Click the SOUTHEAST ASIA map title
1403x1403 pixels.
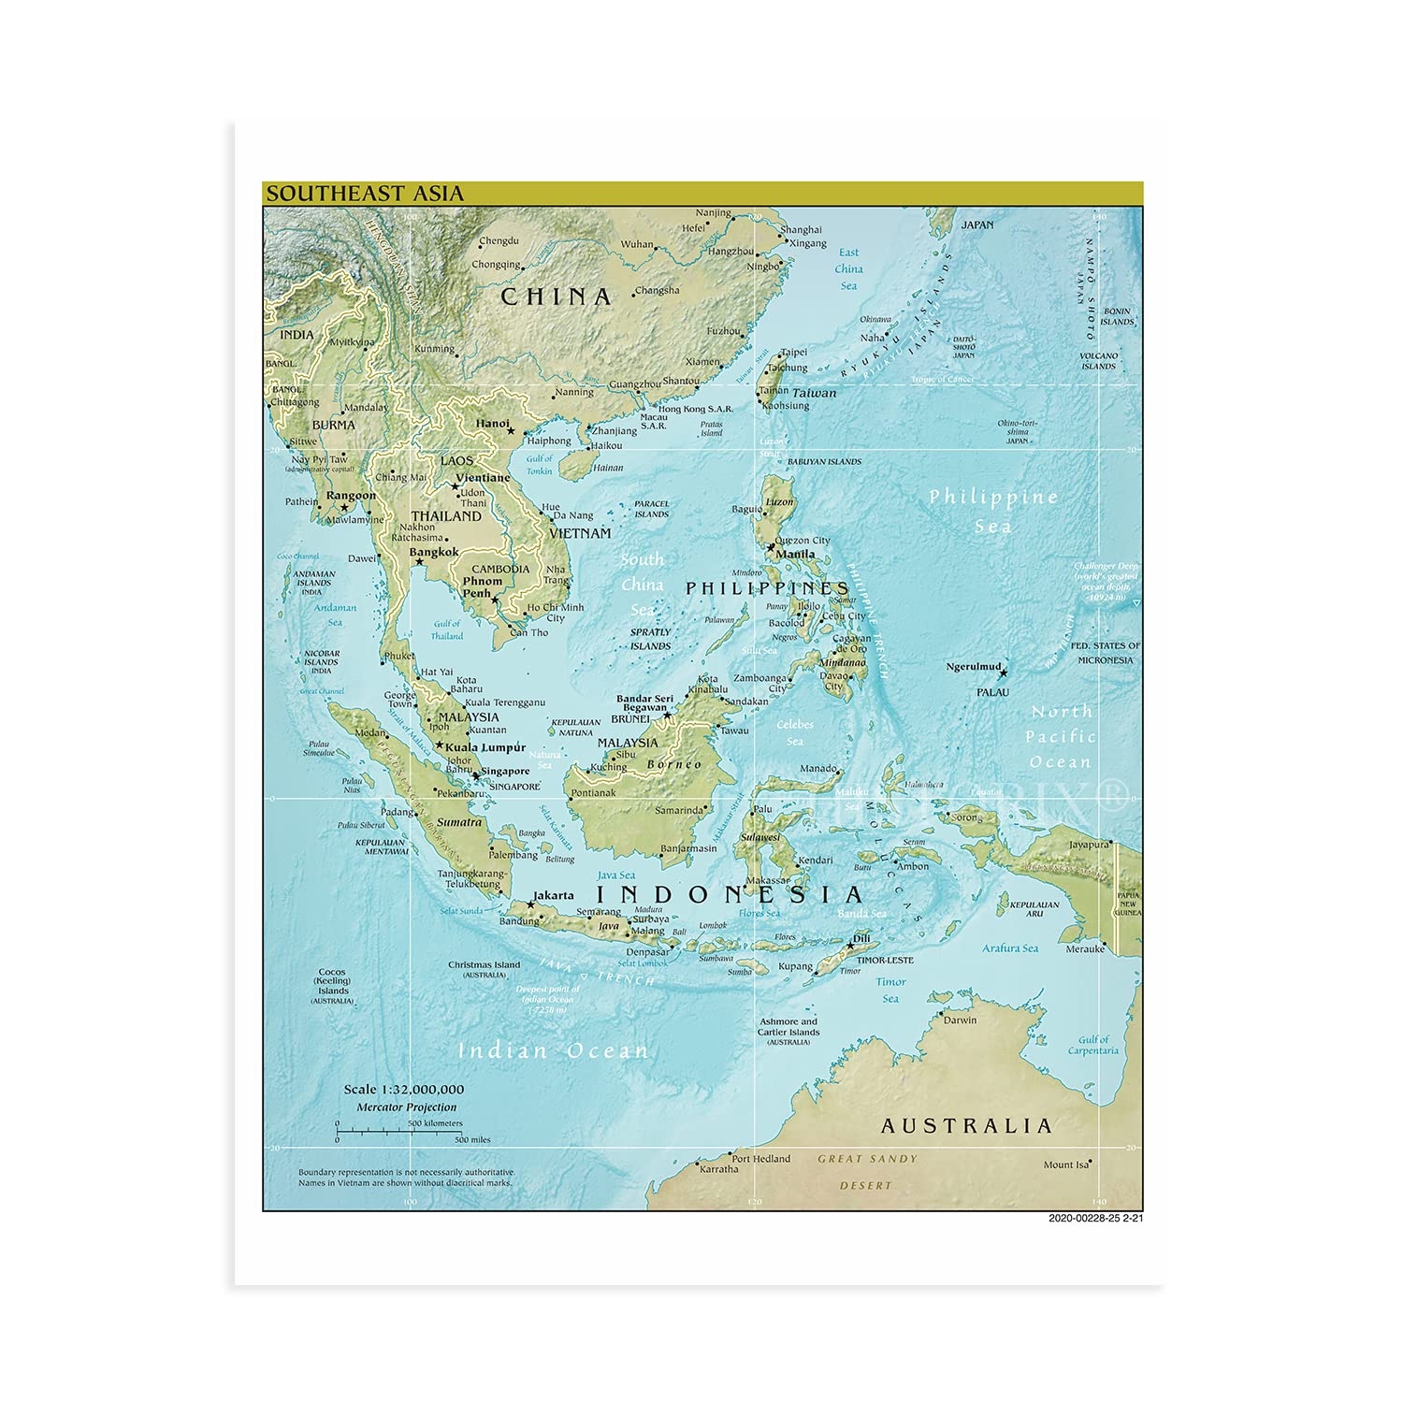[x=365, y=194]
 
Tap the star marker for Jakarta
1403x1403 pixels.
[x=530, y=904]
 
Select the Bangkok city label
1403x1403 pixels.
[x=434, y=552]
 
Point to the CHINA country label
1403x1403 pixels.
[x=557, y=297]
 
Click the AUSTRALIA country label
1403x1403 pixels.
[x=966, y=1126]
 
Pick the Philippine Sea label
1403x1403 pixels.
[x=992, y=511]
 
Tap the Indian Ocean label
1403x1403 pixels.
[x=553, y=1051]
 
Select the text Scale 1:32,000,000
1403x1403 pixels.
[x=403, y=1089]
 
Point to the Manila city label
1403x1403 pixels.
[x=795, y=554]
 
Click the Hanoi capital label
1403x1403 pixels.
[x=493, y=424]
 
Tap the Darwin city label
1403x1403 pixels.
[x=960, y=1020]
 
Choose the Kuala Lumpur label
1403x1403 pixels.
[x=485, y=747]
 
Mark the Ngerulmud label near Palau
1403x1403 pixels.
[x=974, y=667]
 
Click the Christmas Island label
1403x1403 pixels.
[x=484, y=964]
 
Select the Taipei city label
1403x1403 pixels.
[x=793, y=353]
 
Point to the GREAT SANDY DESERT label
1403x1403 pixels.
[x=867, y=1172]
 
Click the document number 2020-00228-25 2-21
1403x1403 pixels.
[x=1095, y=1218]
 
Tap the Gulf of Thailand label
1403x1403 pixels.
[x=447, y=629]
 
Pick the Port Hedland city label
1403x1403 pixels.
[x=760, y=1159]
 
